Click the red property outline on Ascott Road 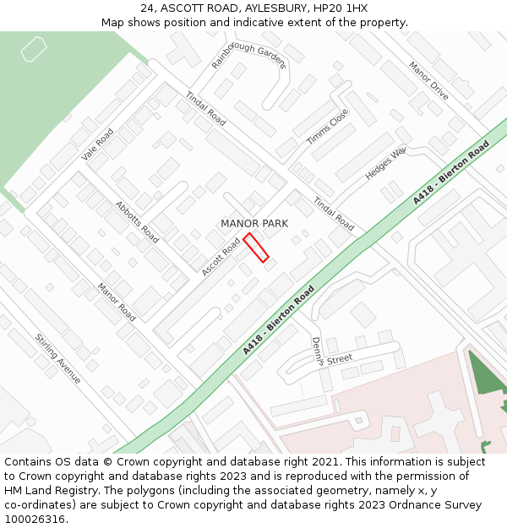(256, 248)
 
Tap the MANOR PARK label (254, 224)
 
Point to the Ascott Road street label (221, 256)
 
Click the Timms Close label (327, 127)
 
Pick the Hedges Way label (385, 163)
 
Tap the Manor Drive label (428, 80)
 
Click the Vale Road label (97, 144)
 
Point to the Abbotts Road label (137, 222)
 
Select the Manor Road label (116, 302)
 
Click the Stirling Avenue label (57, 359)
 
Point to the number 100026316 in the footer (35, 520)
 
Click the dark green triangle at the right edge (485, 375)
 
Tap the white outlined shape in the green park (33, 51)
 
